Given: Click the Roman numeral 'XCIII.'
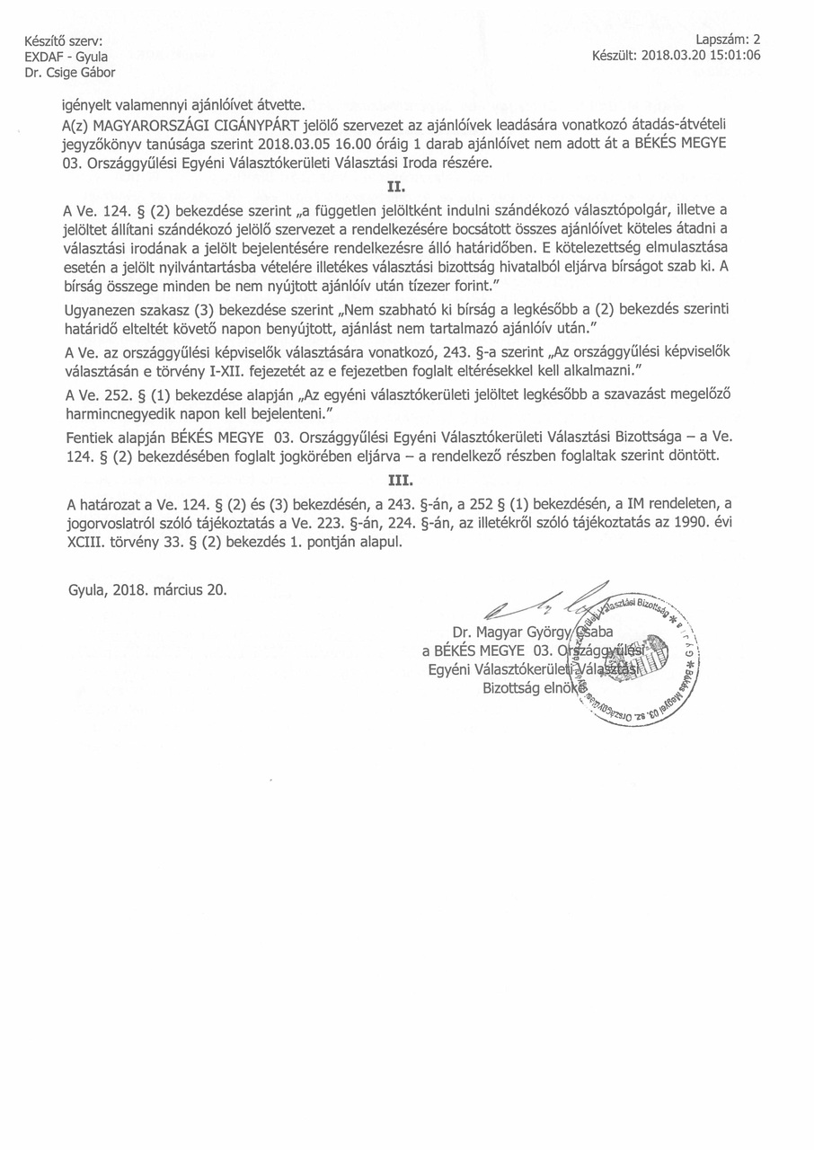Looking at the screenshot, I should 89,543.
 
